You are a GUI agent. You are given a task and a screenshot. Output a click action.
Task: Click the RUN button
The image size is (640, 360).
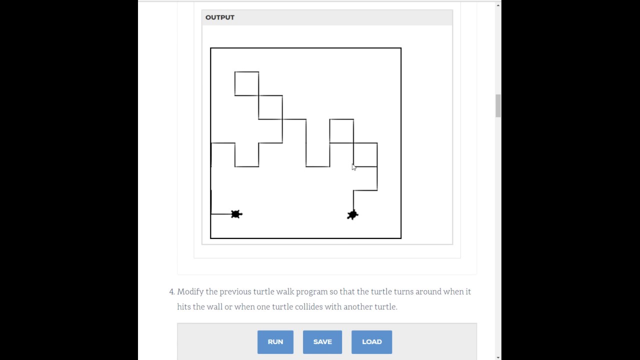tap(275, 342)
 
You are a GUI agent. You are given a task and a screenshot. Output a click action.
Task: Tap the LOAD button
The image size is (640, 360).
tap(371, 342)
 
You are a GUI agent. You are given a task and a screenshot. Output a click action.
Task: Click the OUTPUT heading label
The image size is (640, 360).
tap(219, 17)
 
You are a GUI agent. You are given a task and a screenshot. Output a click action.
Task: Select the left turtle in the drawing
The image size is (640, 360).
tap(236, 214)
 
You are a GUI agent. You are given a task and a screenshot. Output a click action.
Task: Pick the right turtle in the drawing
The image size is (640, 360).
tap(352, 215)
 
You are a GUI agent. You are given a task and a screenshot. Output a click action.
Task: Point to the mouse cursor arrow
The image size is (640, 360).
tap(353, 167)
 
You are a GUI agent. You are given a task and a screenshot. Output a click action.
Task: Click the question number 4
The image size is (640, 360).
tap(171, 292)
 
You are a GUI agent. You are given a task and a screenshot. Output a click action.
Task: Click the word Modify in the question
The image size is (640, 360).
tap(190, 292)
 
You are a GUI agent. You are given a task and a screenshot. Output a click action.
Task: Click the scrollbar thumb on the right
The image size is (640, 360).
tap(497, 105)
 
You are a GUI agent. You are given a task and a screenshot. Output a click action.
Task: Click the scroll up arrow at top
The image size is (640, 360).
tap(497, 5)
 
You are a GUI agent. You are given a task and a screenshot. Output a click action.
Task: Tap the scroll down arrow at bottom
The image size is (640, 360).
tap(497, 356)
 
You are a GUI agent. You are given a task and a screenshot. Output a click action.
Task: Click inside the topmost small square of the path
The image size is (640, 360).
tap(246, 83)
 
